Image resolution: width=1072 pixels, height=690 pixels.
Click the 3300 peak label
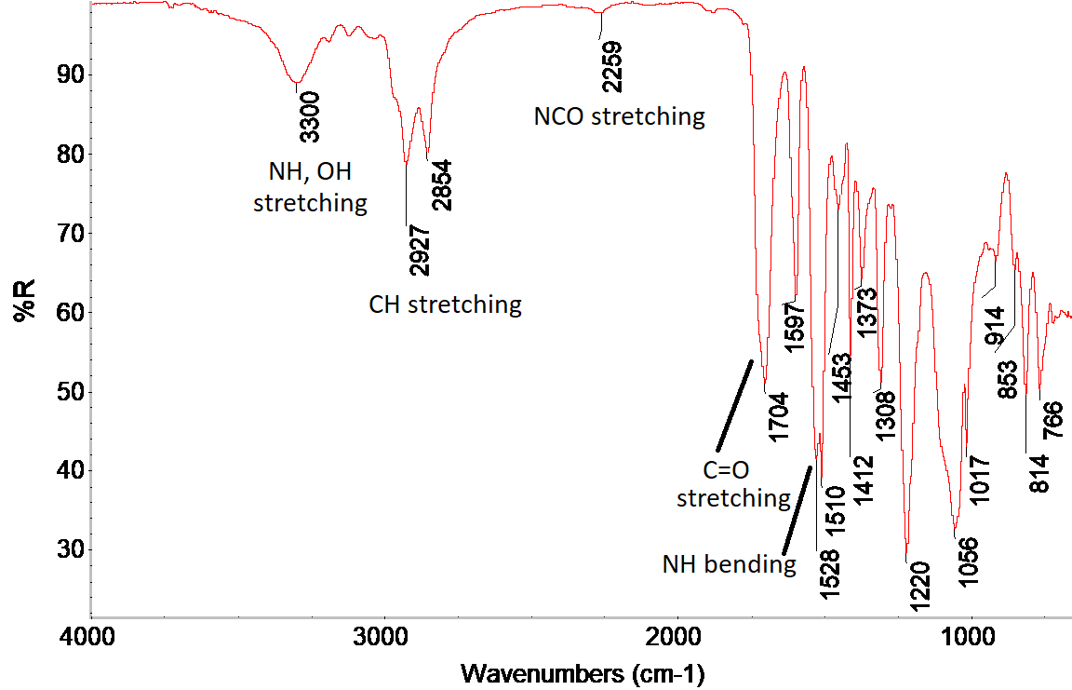coord(310,116)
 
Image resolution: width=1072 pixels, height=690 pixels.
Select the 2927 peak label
coord(419,251)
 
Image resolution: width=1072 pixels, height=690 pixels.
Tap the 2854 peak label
coord(441,185)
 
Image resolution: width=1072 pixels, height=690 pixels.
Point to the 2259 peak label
coord(611,68)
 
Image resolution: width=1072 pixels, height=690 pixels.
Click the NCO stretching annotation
coord(619,117)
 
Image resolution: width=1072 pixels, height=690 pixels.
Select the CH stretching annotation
coord(445,304)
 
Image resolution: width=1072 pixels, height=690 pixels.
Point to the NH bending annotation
coord(729,564)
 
